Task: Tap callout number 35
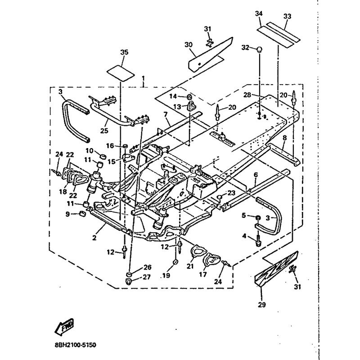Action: click(x=124, y=53)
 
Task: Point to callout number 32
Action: click(x=245, y=47)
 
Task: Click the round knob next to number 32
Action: click(x=260, y=49)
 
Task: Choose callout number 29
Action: click(x=262, y=305)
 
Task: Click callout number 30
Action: click(x=189, y=45)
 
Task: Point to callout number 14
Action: click(x=173, y=96)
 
